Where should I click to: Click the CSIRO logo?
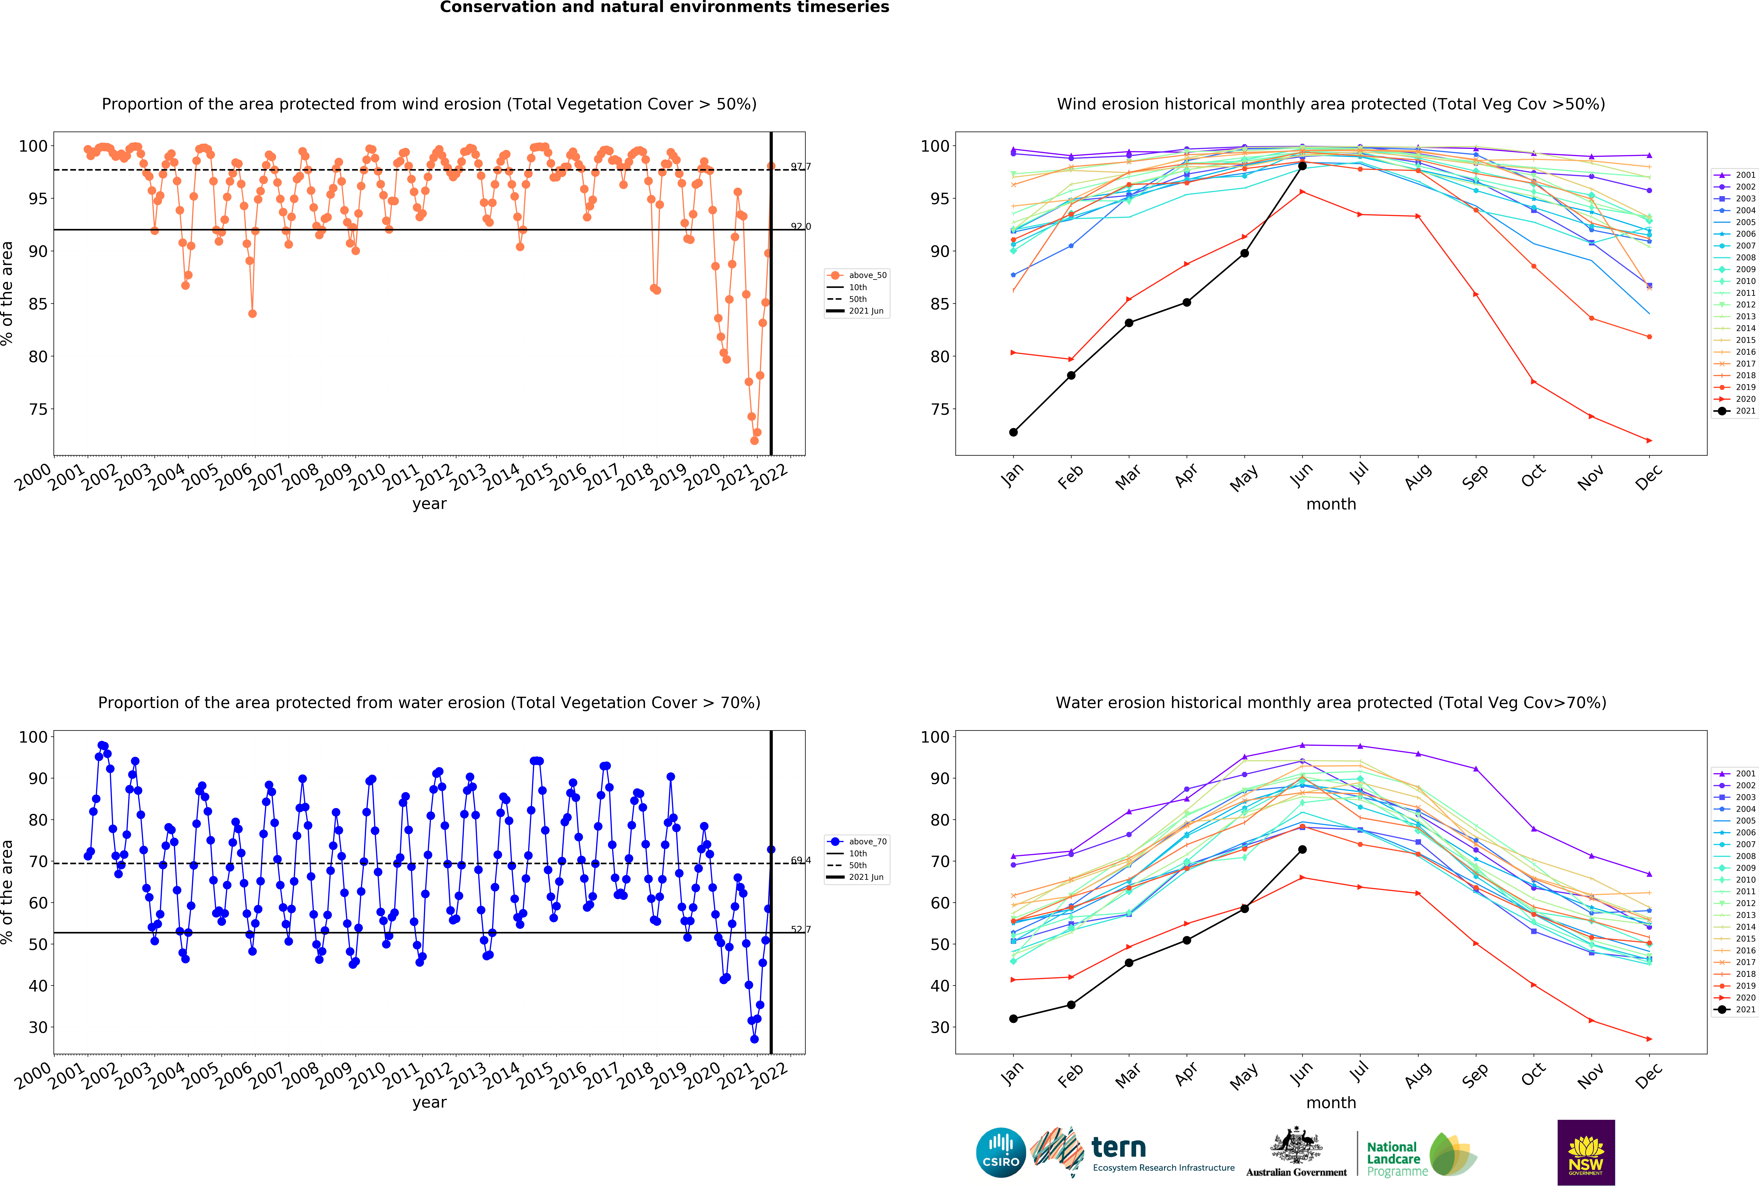pos(1001,1153)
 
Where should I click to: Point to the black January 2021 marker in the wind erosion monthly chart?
pos(1013,432)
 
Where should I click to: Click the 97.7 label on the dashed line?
pos(801,166)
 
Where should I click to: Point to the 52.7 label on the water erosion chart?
pos(801,930)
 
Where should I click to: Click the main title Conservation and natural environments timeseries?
pos(665,8)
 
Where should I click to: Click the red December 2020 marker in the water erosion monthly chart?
pos(1649,1039)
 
